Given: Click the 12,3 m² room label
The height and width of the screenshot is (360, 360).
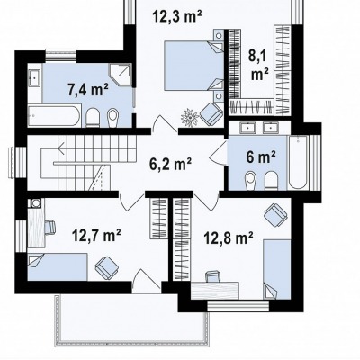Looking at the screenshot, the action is pyautogui.click(x=177, y=16).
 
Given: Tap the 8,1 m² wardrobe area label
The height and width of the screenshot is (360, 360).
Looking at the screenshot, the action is pyautogui.click(x=259, y=66).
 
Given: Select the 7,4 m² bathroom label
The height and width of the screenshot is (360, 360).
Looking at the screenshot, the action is pyautogui.click(x=88, y=90).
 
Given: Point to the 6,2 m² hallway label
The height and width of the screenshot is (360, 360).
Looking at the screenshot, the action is pyautogui.click(x=171, y=165).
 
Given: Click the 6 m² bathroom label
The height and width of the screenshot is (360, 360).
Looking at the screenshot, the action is pyautogui.click(x=261, y=157).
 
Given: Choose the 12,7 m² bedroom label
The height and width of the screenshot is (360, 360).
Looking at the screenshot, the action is pyautogui.click(x=96, y=235).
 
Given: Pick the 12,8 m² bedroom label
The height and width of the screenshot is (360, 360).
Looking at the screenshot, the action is pyautogui.click(x=228, y=238).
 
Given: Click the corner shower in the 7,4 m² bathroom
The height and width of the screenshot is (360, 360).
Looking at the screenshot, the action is pyautogui.click(x=121, y=75).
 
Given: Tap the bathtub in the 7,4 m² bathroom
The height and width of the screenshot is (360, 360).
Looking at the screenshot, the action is pyautogui.click(x=55, y=115).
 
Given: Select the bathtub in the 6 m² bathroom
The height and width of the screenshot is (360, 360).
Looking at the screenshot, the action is pyautogui.click(x=298, y=162).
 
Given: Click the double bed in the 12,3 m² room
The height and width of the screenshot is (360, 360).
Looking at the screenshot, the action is pyautogui.click(x=194, y=66).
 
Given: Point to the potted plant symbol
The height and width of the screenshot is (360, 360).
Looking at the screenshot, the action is pyautogui.click(x=190, y=117).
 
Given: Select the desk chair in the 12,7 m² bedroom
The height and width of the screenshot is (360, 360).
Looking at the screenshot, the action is pyautogui.click(x=50, y=227).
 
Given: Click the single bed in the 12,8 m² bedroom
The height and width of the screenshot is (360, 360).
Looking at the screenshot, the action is pyautogui.click(x=277, y=269).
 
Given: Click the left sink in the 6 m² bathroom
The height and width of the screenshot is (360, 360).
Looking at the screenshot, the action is pyautogui.click(x=248, y=128).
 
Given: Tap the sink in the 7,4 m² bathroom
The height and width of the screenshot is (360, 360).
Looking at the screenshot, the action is pyautogui.click(x=34, y=78).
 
